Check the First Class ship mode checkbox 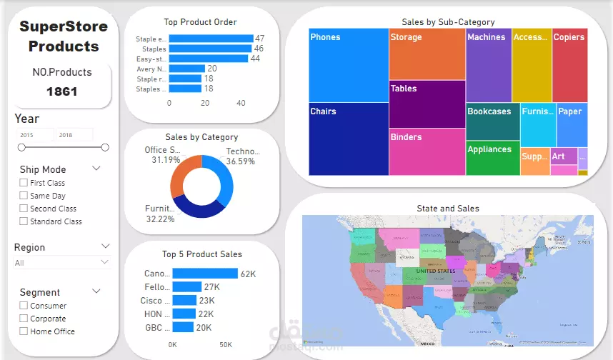pos(24,183)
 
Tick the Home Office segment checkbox pos(24,331)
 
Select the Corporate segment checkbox pos(24,319)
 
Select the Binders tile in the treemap pos(427,151)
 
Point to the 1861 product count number pos(61,91)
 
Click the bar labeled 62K pos(204,274)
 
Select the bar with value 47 pos(212,39)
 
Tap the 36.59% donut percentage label pos(240,161)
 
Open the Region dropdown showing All pos(62,263)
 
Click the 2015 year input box pos(36,134)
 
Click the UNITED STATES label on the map pos(435,271)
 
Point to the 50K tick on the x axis pos(225,345)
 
